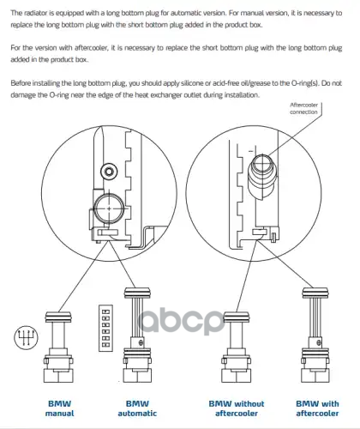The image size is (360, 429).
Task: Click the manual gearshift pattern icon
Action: (x=26, y=338)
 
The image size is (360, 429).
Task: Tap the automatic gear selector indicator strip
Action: (x=105, y=328)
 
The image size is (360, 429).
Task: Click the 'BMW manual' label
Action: (x=59, y=408)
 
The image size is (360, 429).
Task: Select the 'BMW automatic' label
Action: (x=137, y=408)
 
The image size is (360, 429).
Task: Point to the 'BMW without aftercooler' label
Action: (x=237, y=408)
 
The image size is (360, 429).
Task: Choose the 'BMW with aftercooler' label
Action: (x=317, y=408)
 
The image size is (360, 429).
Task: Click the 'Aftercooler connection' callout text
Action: (x=303, y=108)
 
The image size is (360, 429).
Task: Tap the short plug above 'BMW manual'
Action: (x=58, y=347)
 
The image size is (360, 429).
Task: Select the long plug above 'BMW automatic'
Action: (x=137, y=335)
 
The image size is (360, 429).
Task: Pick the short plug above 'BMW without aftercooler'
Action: (x=237, y=347)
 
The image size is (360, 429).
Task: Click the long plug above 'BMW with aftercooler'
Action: (x=315, y=335)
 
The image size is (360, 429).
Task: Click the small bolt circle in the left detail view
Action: (x=109, y=172)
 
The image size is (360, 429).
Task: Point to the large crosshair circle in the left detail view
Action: (x=109, y=208)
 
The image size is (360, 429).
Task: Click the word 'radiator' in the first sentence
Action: (x=32, y=13)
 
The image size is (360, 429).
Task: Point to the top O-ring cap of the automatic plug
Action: (x=137, y=293)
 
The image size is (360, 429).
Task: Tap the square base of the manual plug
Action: (x=58, y=376)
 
